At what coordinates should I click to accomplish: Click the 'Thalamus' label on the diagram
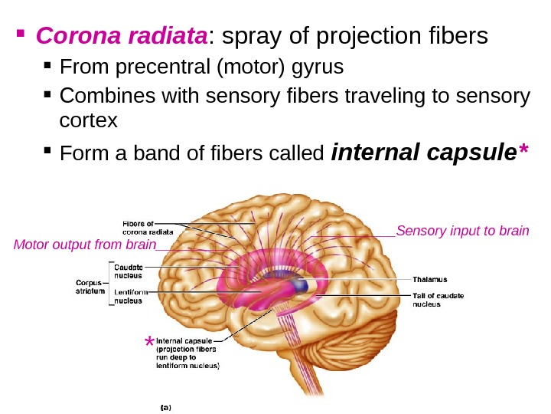tap(430, 279)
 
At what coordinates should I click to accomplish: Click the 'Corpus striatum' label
tap(90, 286)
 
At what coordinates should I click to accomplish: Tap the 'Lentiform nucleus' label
tap(131, 297)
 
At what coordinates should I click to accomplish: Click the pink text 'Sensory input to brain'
tap(463, 230)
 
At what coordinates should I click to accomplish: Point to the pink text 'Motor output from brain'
tap(84, 245)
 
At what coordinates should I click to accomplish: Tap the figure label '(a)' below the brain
tap(165, 407)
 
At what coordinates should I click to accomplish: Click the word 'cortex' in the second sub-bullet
tap(88, 120)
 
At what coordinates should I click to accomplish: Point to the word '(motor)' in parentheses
tap(245, 69)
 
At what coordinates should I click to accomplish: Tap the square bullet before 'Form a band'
tap(48, 153)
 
